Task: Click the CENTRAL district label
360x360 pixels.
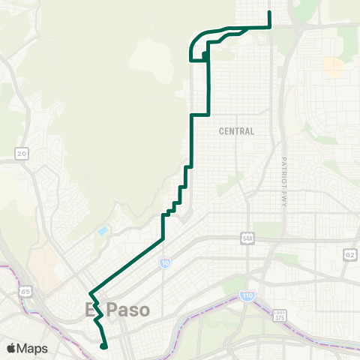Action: click(x=236, y=131)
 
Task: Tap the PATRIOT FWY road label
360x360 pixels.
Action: click(x=285, y=182)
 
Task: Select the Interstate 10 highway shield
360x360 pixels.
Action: click(x=165, y=263)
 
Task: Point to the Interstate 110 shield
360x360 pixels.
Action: click(x=247, y=296)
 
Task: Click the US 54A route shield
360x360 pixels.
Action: click(x=248, y=238)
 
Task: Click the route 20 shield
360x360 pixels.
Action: click(x=22, y=154)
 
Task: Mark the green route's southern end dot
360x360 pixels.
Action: click(x=103, y=346)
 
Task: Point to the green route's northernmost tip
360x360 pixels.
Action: click(x=269, y=13)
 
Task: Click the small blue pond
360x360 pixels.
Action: click(x=103, y=230)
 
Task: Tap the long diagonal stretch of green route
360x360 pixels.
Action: click(x=127, y=265)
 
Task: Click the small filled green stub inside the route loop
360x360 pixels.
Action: click(x=204, y=55)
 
